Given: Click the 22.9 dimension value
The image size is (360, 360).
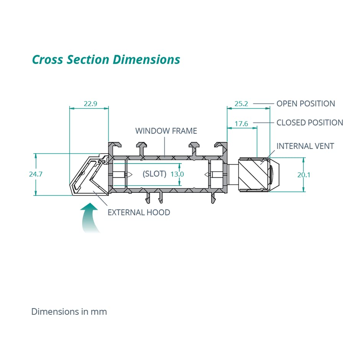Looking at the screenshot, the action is click(x=90, y=104).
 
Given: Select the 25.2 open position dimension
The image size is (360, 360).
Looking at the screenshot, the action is click(x=241, y=104).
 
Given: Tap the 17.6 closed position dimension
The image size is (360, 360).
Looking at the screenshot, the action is click(x=241, y=124).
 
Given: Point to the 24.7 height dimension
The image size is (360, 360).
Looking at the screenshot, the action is click(x=36, y=174).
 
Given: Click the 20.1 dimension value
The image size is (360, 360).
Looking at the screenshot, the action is click(x=304, y=175).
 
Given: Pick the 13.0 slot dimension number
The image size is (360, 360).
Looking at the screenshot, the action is click(x=177, y=174).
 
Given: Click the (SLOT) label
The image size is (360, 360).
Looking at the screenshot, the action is click(x=154, y=174).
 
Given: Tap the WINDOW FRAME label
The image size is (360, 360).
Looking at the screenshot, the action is click(x=166, y=131).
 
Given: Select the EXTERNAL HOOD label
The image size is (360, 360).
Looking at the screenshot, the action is click(x=139, y=213).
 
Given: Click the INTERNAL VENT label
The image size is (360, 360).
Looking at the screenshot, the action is click(x=305, y=146).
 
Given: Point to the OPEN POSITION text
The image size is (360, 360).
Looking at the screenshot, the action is click(x=306, y=103).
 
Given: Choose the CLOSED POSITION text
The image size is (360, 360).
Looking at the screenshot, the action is click(x=310, y=123).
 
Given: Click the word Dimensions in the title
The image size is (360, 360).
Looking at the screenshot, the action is click(x=146, y=60).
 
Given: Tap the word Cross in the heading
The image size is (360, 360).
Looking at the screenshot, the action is click(x=47, y=60).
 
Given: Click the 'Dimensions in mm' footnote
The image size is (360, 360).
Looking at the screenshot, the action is click(x=69, y=312).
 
